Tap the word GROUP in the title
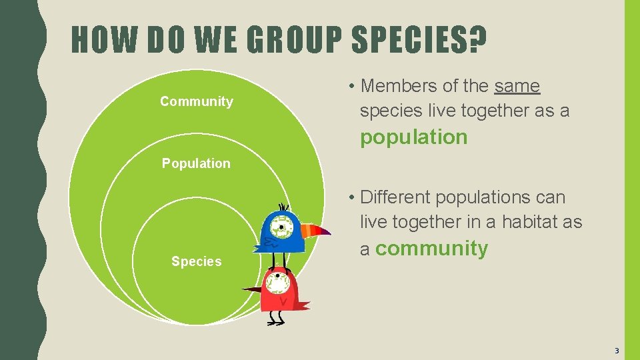pos(294,40)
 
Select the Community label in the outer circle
pos(197,101)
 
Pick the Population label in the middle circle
pos(196,163)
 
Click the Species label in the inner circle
pos(196,261)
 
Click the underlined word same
pos(517,86)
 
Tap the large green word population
pos(414,137)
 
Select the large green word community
pos(431,249)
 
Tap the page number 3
pos(617,351)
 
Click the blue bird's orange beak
pos(315,231)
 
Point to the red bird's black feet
pos(275,319)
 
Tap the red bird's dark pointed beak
pos(251,289)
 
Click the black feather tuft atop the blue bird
pos(283,207)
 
